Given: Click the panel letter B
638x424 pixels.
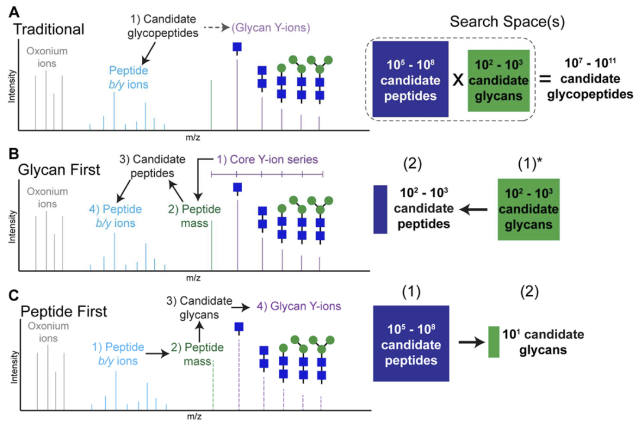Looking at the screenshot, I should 11,155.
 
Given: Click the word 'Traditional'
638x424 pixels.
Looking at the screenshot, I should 49,28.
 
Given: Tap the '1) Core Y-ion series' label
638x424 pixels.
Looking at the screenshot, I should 266,159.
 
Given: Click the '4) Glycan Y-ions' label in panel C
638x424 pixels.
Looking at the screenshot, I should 293,306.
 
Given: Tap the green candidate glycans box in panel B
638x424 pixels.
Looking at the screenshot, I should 529,208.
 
